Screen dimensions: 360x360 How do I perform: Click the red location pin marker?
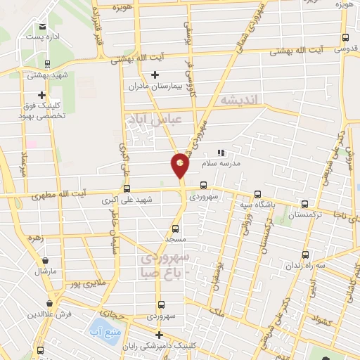click(180, 165)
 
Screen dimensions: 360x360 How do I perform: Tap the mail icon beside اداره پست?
click(42, 26)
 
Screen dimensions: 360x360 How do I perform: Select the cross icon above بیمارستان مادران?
click(155, 75)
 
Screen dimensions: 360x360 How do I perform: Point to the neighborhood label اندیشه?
click(239, 100)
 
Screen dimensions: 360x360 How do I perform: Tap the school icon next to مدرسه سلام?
click(221, 152)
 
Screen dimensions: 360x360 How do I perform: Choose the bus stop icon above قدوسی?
click(345, 38)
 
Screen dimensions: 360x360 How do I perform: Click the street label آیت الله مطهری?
click(84, 193)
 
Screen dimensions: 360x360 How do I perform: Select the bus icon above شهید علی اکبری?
click(127, 188)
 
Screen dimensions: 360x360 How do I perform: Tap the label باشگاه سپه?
click(258, 204)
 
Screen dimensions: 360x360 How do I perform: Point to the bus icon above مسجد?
click(175, 229)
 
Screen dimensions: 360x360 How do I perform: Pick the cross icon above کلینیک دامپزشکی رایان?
click(160, 335)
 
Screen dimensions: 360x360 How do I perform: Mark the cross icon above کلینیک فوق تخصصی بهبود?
click(42, 96)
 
